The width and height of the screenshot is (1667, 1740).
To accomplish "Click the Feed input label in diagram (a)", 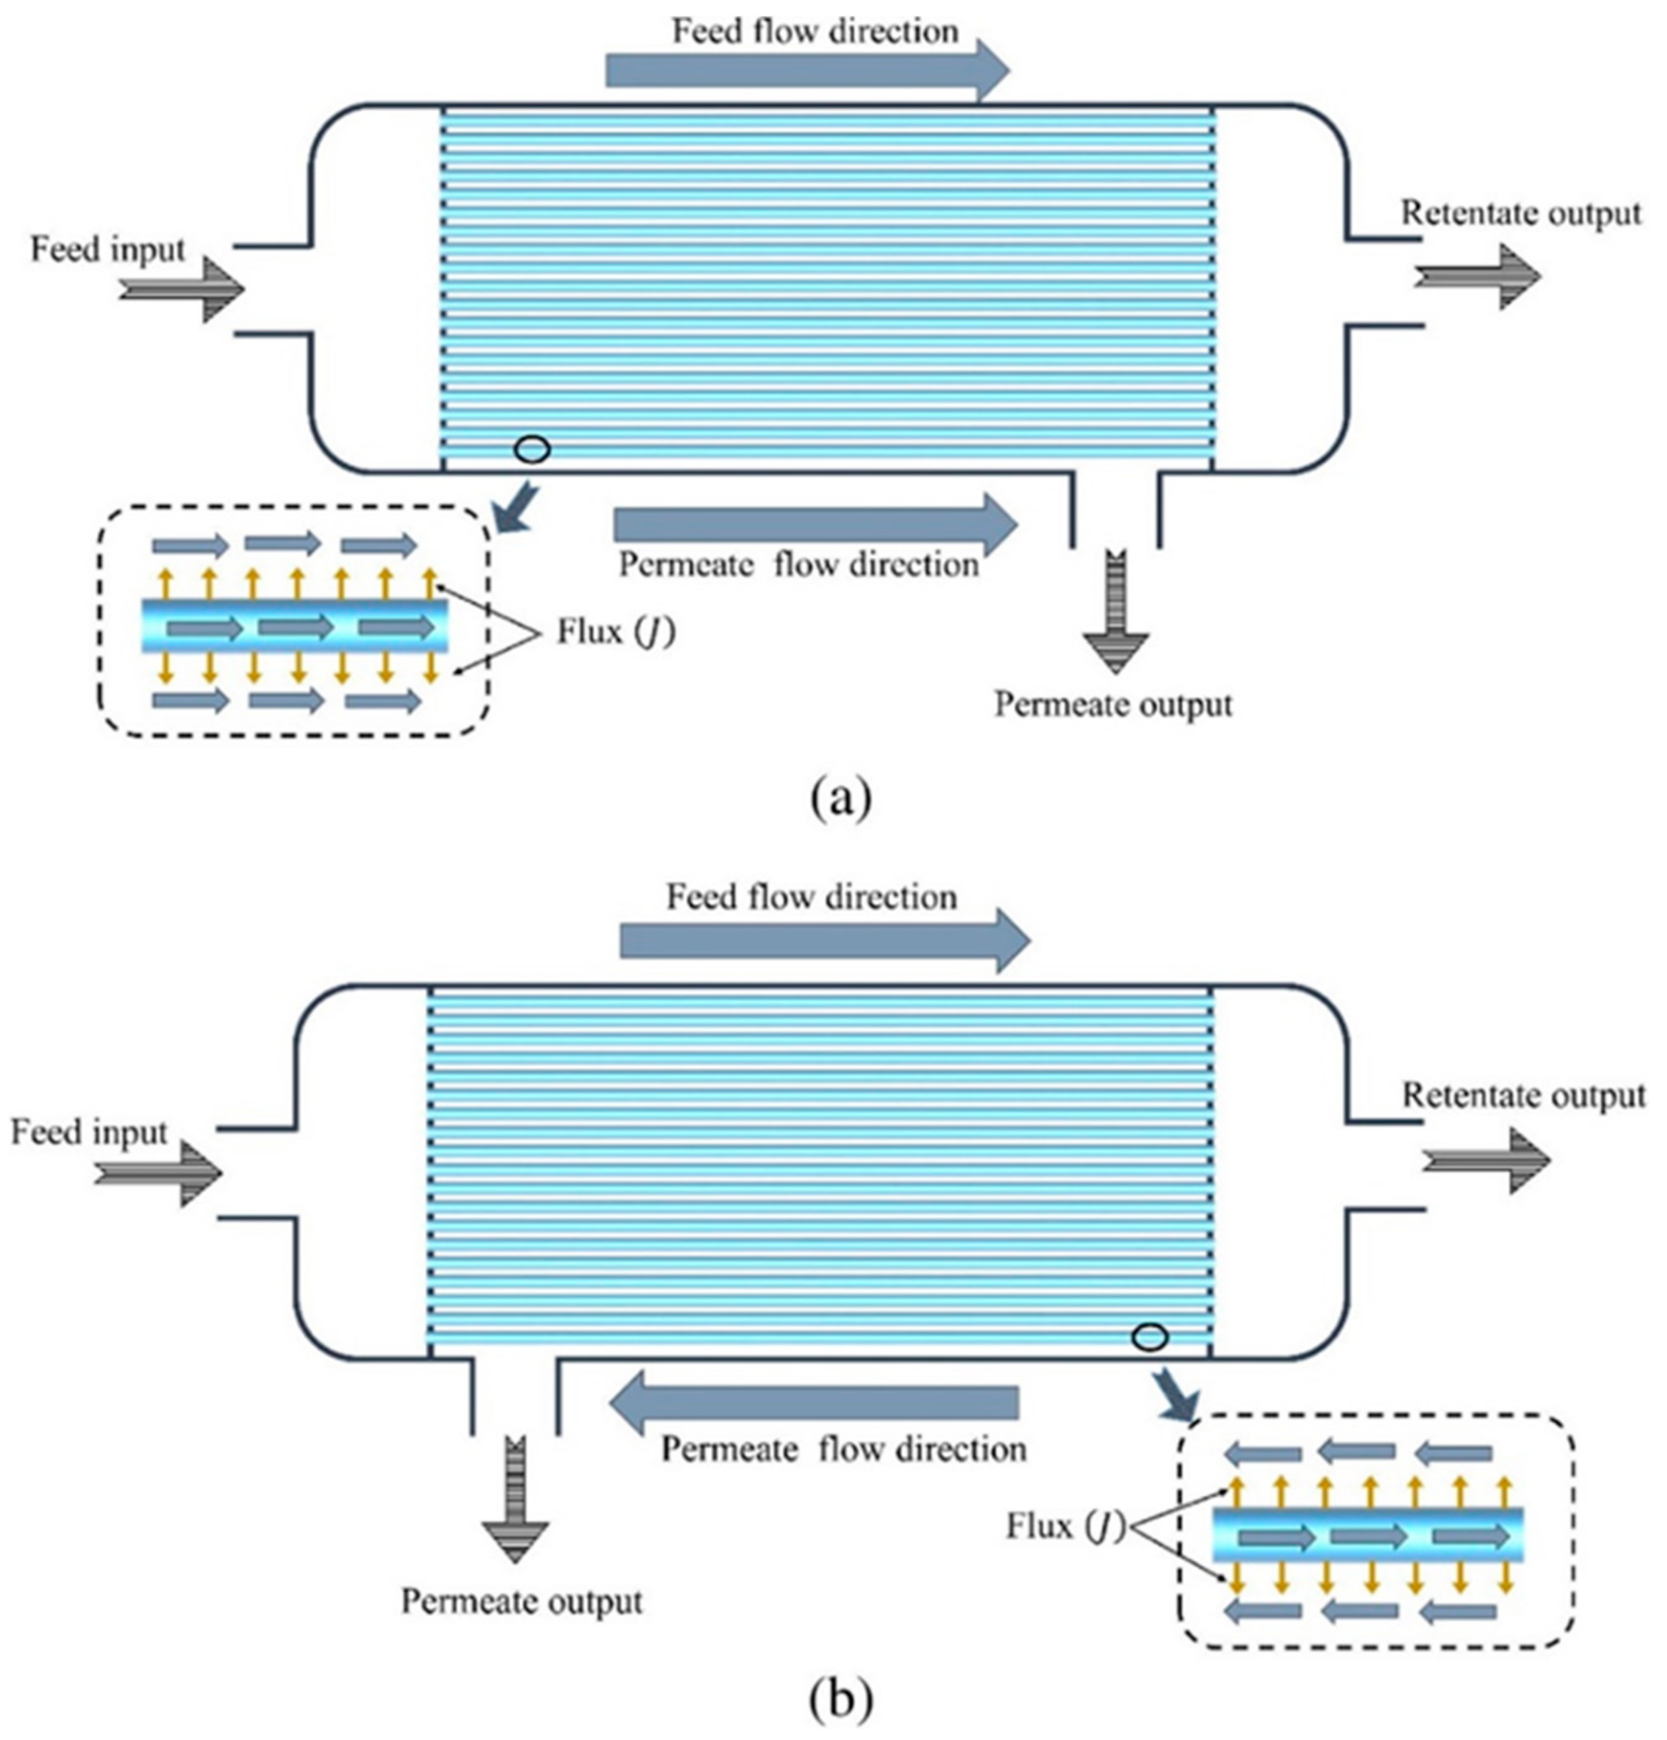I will pyautogui.click(x=108, y=250).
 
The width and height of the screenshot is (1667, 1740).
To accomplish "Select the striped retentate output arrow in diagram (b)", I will pyautogui.click(x=1486, y=1160).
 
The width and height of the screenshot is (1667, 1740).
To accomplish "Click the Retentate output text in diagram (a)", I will pyautogui.click(x=1520, y=213).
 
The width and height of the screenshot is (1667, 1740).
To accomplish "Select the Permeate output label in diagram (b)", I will pyautogui.click(x=522, y=1601).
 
